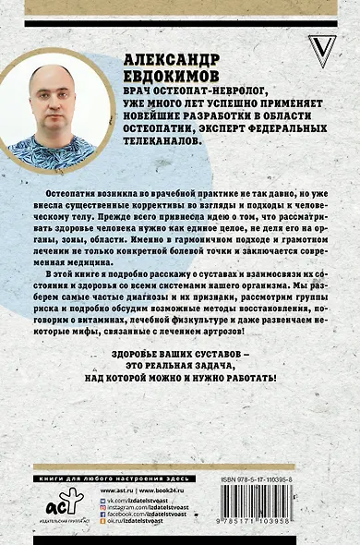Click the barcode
292,518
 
